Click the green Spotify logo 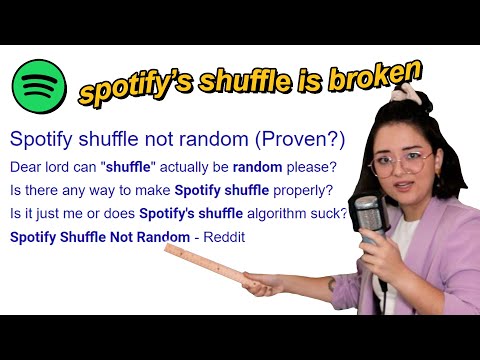pos(40,85)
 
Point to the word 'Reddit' pos(223,237)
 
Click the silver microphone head pos(368,215)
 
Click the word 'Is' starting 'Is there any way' pos(15,189)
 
